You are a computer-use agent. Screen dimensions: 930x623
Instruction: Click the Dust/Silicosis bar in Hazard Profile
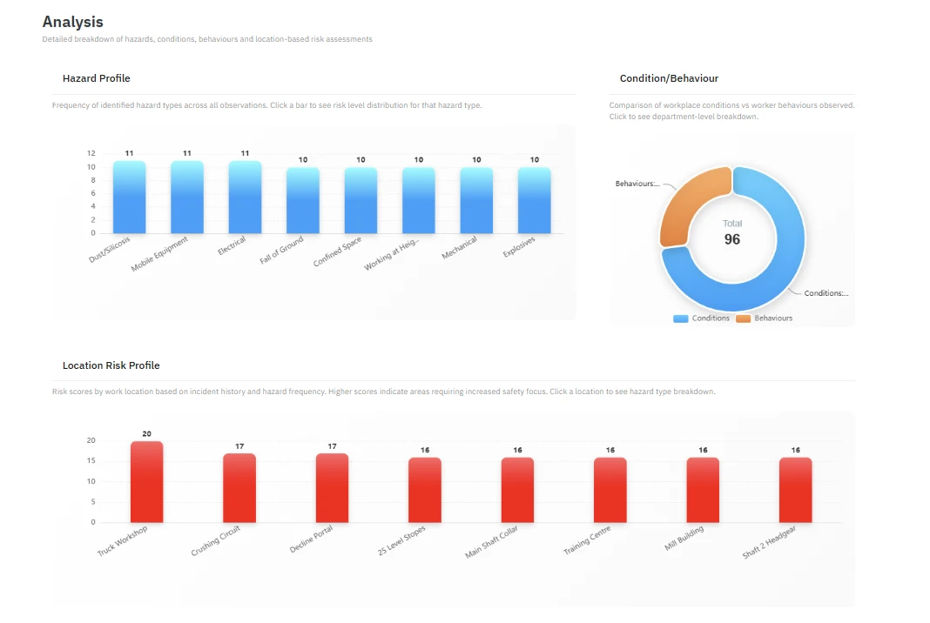(129, 197)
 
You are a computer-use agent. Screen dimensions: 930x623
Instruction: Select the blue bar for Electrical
(245, 197)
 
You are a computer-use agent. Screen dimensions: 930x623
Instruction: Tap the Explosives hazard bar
(535, 200)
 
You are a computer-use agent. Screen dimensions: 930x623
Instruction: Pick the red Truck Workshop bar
(146, 482)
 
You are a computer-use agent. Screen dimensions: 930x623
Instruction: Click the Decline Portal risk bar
(332, 488)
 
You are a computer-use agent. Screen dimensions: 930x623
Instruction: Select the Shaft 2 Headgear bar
(795, 490)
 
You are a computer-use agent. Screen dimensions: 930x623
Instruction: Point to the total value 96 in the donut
(732, 239)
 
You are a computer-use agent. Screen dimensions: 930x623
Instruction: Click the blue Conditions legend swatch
(680, 318)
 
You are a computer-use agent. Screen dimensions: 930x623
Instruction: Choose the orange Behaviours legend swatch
(743, 318)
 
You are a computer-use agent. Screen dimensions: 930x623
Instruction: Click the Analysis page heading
(73, 22)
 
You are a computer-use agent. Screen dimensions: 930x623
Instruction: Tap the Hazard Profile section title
(96, 78)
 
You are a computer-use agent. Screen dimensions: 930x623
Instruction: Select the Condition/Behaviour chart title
(669, 78)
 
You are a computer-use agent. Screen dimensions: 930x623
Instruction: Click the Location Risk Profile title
(111, 365)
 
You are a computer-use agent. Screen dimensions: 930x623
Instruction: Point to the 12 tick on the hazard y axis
(91, 153)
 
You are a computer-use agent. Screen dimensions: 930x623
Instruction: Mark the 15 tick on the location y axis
(91, 460)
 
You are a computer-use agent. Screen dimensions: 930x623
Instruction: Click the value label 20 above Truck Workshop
(146, 434)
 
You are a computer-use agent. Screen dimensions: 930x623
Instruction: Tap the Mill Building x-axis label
(684, 539)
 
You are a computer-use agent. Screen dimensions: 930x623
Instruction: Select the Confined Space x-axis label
(337, 251)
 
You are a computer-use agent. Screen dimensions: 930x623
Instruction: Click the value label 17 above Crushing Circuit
(239, 446)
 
